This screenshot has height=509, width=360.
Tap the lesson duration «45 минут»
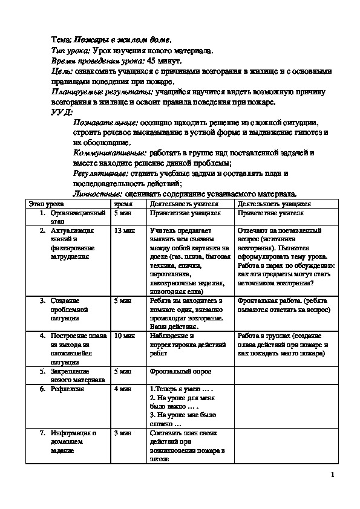click(x=168, y=61)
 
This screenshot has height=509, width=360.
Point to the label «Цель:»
click(x=62, y=71)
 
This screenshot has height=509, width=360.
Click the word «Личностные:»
click(x=96, y=194)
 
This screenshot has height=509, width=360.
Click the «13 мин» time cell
click(x=123, y=230)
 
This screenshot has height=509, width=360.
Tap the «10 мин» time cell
click(x=123, y=336)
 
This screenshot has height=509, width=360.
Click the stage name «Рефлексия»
click(x=67, y=389)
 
